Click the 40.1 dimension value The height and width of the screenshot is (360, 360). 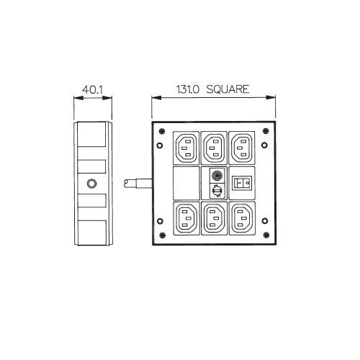pyautogui.click(x=92, y=90)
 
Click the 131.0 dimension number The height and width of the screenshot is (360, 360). pyautogui.click(x=188, y=89)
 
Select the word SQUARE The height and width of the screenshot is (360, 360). pyautogui.click(x=228, y=89)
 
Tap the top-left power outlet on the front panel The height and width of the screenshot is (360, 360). pyautogui.click(x=186, y=148)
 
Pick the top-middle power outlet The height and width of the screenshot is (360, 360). pyautogui.click(x=214, y=148)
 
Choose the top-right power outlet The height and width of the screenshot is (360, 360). pyautogui.click(x=242, y=148)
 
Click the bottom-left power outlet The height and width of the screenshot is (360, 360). pyautogui.click(x=186, y=218)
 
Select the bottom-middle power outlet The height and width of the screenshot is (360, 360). pyautogui.click(x=214, y=218)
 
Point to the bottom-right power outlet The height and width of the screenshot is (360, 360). pyautogui.click(x=242, y=218)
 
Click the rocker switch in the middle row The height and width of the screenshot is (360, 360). pyautogui.click(x=242, y=183)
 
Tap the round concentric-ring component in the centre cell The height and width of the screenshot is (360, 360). pyautogui.click(x=217, y=176)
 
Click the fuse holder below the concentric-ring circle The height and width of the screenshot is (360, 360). pyautogui.click(x=217, y=191)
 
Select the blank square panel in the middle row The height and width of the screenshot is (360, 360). pyautogui.click(x=186, y=183)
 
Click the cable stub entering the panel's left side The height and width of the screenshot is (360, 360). pyautogui.click(x=138, y=184)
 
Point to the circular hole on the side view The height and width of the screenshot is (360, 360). pyautogui.click(x=91, y=184)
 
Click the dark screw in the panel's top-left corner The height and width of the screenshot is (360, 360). pyautogui.click(x=162, y=131)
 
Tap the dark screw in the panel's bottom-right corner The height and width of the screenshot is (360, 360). pyautogui.click(x=266, y=235)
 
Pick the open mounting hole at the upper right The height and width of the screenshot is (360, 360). pyautogui.click(x=264, y=145)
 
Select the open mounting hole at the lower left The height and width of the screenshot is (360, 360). pyautogui.click(x=160, y=221)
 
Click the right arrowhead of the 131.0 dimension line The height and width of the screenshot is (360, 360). pyautogui.click(x=271, y=97)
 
